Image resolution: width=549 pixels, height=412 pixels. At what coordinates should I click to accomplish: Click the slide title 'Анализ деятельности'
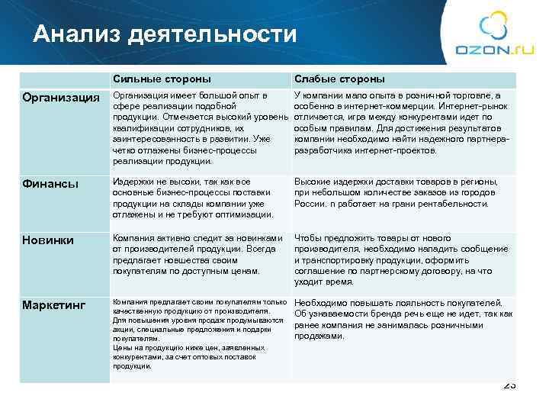164,34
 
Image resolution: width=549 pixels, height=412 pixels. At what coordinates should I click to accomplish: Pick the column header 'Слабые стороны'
339,79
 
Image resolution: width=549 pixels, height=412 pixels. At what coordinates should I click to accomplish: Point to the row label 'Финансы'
45,183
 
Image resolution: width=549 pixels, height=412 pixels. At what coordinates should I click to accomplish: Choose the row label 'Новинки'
47,240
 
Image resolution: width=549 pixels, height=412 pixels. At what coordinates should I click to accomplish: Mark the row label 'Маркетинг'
53,305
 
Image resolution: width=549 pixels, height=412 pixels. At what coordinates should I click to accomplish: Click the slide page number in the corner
510,386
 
